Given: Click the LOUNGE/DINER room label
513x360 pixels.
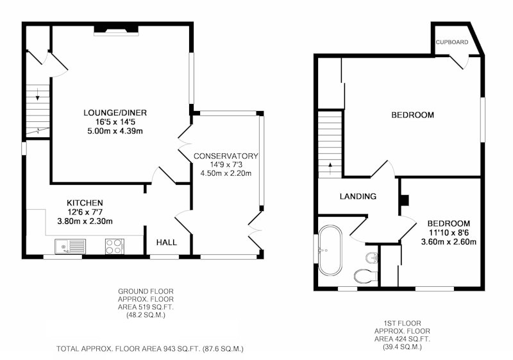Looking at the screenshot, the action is (115, 113).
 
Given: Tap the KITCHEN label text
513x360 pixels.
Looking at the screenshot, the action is (85, 203).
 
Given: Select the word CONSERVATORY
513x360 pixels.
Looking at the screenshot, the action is (226, 156).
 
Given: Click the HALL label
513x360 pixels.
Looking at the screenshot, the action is (167, 243).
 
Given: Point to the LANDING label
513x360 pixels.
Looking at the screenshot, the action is (358, 196).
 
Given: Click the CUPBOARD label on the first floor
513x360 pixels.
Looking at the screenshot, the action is (452, 42).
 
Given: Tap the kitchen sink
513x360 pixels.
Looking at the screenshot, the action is (71, 246).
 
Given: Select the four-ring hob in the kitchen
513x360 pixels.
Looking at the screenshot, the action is (115, 246).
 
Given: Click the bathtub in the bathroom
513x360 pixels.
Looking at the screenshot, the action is (330, 250).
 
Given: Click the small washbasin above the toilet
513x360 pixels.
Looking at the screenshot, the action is (371, 257).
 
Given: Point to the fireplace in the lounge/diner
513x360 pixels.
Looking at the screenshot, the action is (116, 30).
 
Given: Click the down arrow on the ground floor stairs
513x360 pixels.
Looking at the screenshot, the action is (38, 94).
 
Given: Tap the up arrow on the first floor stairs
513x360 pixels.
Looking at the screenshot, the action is (330, 169).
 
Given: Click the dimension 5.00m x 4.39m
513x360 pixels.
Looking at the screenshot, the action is (115, 132).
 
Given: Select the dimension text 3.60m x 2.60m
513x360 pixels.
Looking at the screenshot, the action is (448, 242).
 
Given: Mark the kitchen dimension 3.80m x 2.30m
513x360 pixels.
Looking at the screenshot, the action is (85, 221).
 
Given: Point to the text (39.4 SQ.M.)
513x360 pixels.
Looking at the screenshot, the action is (402, 347).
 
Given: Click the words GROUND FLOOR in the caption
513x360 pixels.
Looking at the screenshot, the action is (146, 291).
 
